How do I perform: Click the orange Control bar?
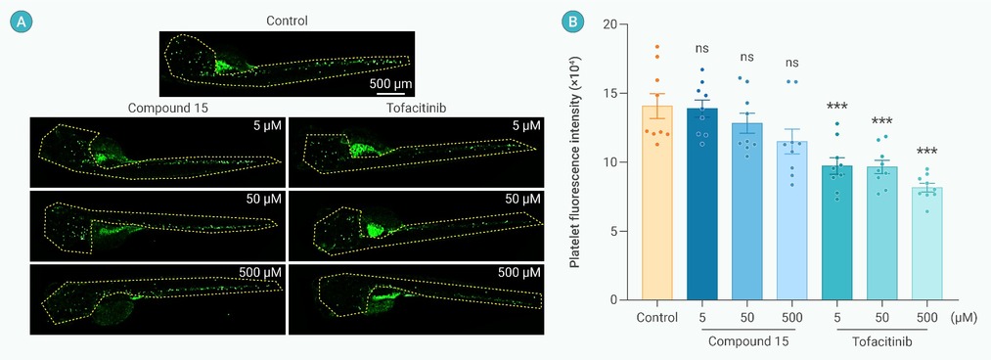coord(656,202)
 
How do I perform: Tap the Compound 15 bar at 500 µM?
coord(791,220)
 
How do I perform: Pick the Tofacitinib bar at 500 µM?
coord(926,244)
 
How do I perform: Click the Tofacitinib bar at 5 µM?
coord(837,233)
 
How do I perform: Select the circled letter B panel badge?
coord(572,22)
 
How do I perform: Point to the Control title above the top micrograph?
coord(287,21)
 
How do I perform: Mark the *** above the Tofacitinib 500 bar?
coord(926,153)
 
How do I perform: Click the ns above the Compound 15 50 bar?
coord(747,58)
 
